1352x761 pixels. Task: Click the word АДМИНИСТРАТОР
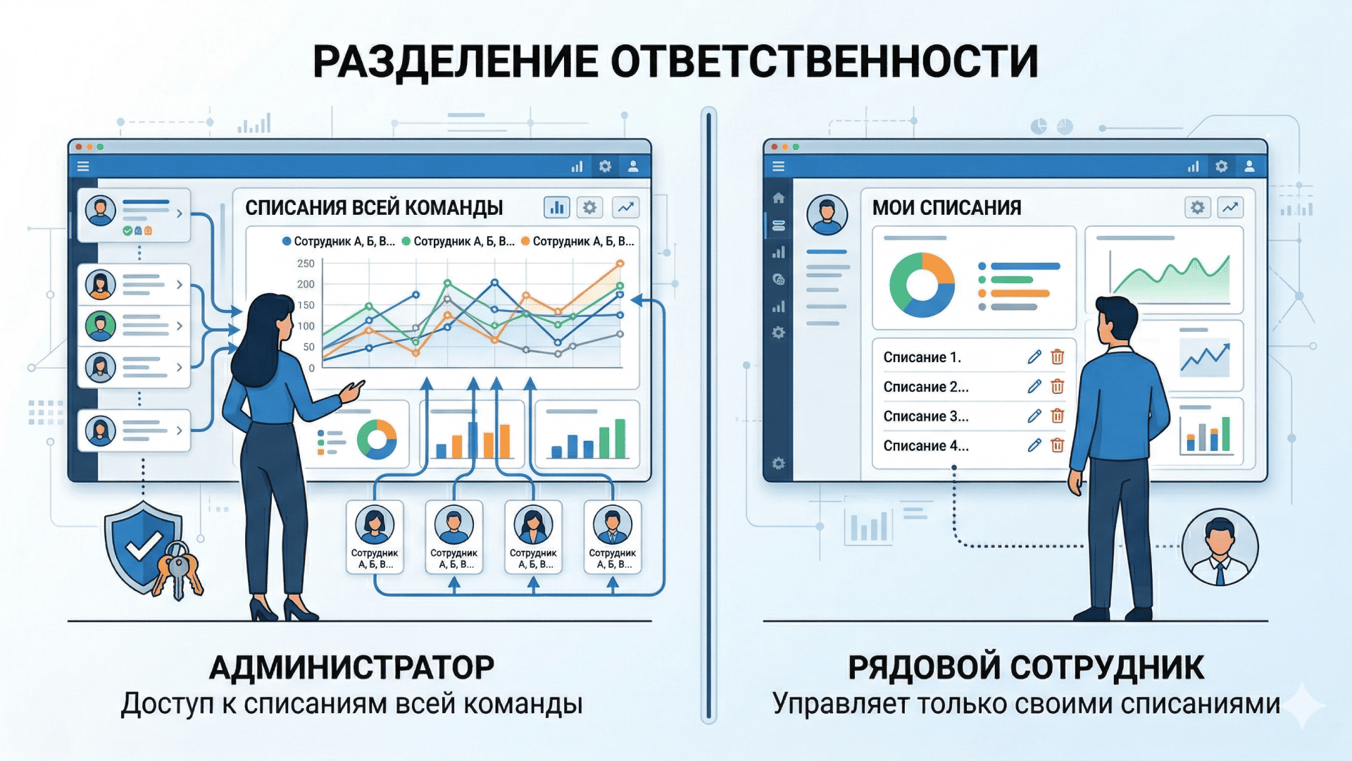point(352,667)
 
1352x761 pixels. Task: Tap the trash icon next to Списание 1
point(1057,357)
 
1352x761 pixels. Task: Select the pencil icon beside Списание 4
point(1034,445)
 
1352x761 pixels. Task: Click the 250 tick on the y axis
point(306,264)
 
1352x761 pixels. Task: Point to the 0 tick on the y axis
point(312,368)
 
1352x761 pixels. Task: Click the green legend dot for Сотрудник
point(406,241)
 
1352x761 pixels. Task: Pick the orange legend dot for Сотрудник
point(525,241)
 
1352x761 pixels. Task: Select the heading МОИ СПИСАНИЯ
point(946,208)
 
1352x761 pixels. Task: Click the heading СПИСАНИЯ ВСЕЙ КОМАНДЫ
point(374,208)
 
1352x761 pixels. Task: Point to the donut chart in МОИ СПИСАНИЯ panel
point(922,285)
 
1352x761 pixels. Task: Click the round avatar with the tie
point(1220,547)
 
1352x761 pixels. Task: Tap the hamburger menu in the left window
point(83,166)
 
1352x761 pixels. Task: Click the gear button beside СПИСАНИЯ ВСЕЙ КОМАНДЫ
point(589,207)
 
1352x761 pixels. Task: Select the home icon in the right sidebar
point(778,198)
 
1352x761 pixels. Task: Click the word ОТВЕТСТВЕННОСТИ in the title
point(825,62)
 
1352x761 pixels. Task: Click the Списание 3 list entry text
point(926,416)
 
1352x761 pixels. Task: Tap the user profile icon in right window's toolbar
point(1249,166)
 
